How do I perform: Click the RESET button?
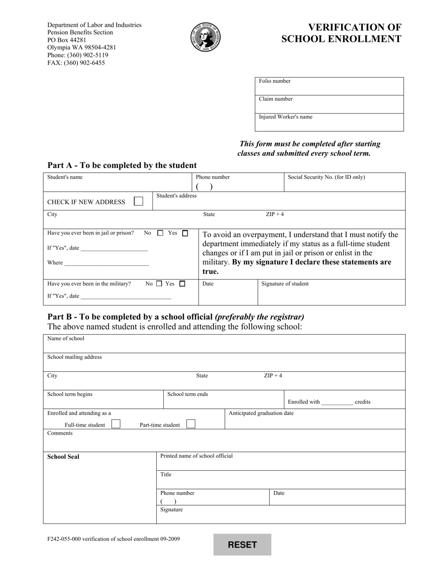(242, 545)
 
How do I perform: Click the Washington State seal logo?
(206, 37)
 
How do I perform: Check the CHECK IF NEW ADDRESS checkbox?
(138, 201)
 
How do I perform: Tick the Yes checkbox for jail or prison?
(185, 233)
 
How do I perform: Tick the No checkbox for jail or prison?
(160, 233)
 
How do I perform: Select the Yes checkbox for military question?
(183, 284)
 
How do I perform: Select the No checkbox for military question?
(159, 284)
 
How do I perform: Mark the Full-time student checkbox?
(115, 424)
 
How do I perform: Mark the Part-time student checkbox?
(191, 424)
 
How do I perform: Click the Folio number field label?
(275, 81)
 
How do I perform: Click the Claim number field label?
(276, 99)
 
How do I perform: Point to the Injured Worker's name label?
(286, 117)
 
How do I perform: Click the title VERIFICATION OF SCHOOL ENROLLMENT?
(341, 33)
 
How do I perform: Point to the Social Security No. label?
(326, 177)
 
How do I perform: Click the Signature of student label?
(285, 284)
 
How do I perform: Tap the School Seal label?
(64, 457)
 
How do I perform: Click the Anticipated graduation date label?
(261, 413)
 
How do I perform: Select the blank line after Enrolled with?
(337, 403)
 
